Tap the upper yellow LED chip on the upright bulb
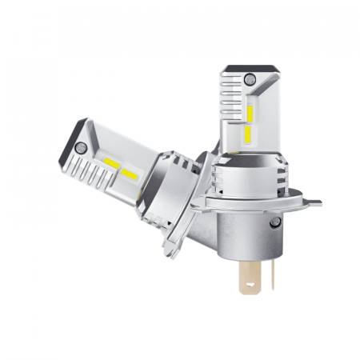point(250,115)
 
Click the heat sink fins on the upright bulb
point(230,108)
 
